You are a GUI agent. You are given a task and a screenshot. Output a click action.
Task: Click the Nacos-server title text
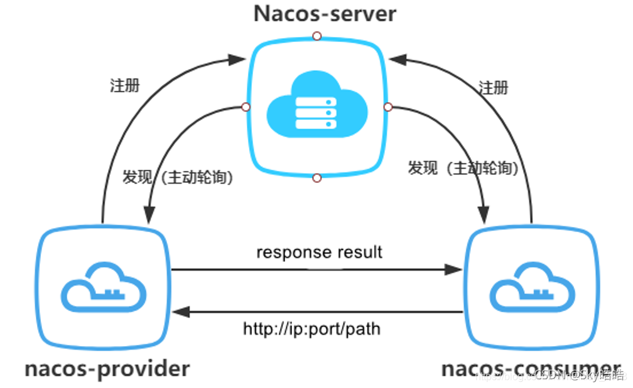[x=325, y=14]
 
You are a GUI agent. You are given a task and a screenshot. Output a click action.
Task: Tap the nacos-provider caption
[x=107, y=368]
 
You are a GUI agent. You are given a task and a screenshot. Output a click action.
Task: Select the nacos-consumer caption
[x=531, y=368]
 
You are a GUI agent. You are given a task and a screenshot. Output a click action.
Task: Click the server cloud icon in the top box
[x=316, y=107]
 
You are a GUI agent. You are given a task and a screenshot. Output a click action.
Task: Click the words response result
[x=319, y=253]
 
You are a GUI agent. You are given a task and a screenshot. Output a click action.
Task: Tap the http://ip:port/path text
[x=311, y=328]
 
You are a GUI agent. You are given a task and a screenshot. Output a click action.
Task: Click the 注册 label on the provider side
[x=124, y=85]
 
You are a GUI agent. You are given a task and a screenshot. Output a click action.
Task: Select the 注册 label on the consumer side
[x=493, y=87]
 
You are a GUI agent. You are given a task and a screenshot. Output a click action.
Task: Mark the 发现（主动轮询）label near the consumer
[x=463, y=168]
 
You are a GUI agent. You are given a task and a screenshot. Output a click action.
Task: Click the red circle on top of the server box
[x=317, y=36]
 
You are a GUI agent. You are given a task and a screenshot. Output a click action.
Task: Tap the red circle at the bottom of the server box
[x=316, y=179]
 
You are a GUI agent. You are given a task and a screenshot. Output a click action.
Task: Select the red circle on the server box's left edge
[x=246, y=107]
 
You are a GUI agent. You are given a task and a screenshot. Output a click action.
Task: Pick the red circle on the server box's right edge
[x=388, y=107]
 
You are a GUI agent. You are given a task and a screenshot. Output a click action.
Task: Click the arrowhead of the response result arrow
[x=454, y=270]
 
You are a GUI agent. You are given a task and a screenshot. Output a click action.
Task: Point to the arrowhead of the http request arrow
[x=181, y=312]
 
